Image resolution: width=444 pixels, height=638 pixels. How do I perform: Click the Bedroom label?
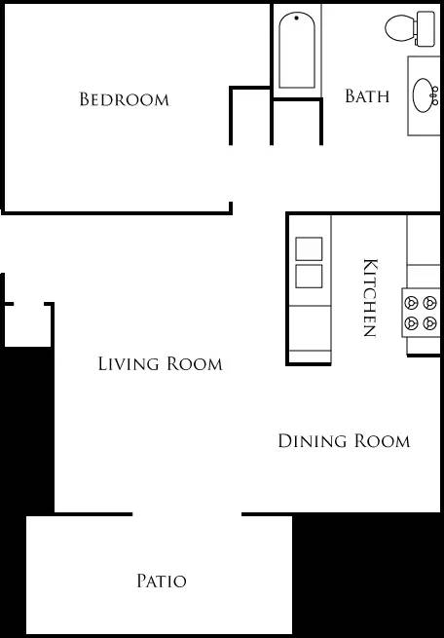(124, 99)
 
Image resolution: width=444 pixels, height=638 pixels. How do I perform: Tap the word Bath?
(367, 96)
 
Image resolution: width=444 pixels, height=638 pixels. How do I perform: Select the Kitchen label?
(369, 298)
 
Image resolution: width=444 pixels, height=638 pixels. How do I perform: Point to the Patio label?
(162, 581)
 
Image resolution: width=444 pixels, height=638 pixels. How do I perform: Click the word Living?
(129, 363)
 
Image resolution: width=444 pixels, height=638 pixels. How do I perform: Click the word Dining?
(313, 441)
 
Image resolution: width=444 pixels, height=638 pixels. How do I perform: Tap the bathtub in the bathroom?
(297, 50)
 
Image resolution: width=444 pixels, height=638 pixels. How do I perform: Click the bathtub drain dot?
(297, 18)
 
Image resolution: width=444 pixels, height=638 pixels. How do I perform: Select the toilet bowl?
(399, 28)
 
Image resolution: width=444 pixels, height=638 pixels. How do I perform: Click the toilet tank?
(425, 28)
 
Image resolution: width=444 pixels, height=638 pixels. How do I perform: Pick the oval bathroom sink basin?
(423, 95)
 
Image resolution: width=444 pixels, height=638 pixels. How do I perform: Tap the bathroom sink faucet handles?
(435, 95)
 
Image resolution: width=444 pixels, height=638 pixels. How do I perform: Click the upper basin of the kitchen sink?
(309, 248)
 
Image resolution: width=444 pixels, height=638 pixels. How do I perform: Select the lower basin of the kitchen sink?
(309, 277)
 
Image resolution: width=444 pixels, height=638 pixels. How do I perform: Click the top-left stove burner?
(412, 303)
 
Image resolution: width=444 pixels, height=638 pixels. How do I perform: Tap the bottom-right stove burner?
(429, 323)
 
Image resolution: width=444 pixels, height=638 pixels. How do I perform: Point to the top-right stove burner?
(429, 303)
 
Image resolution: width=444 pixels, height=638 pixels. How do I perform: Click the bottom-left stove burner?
(412, 323)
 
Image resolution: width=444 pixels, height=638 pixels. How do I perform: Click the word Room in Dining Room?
(383, 441)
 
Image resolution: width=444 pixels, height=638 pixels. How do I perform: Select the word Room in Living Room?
(195, 363)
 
